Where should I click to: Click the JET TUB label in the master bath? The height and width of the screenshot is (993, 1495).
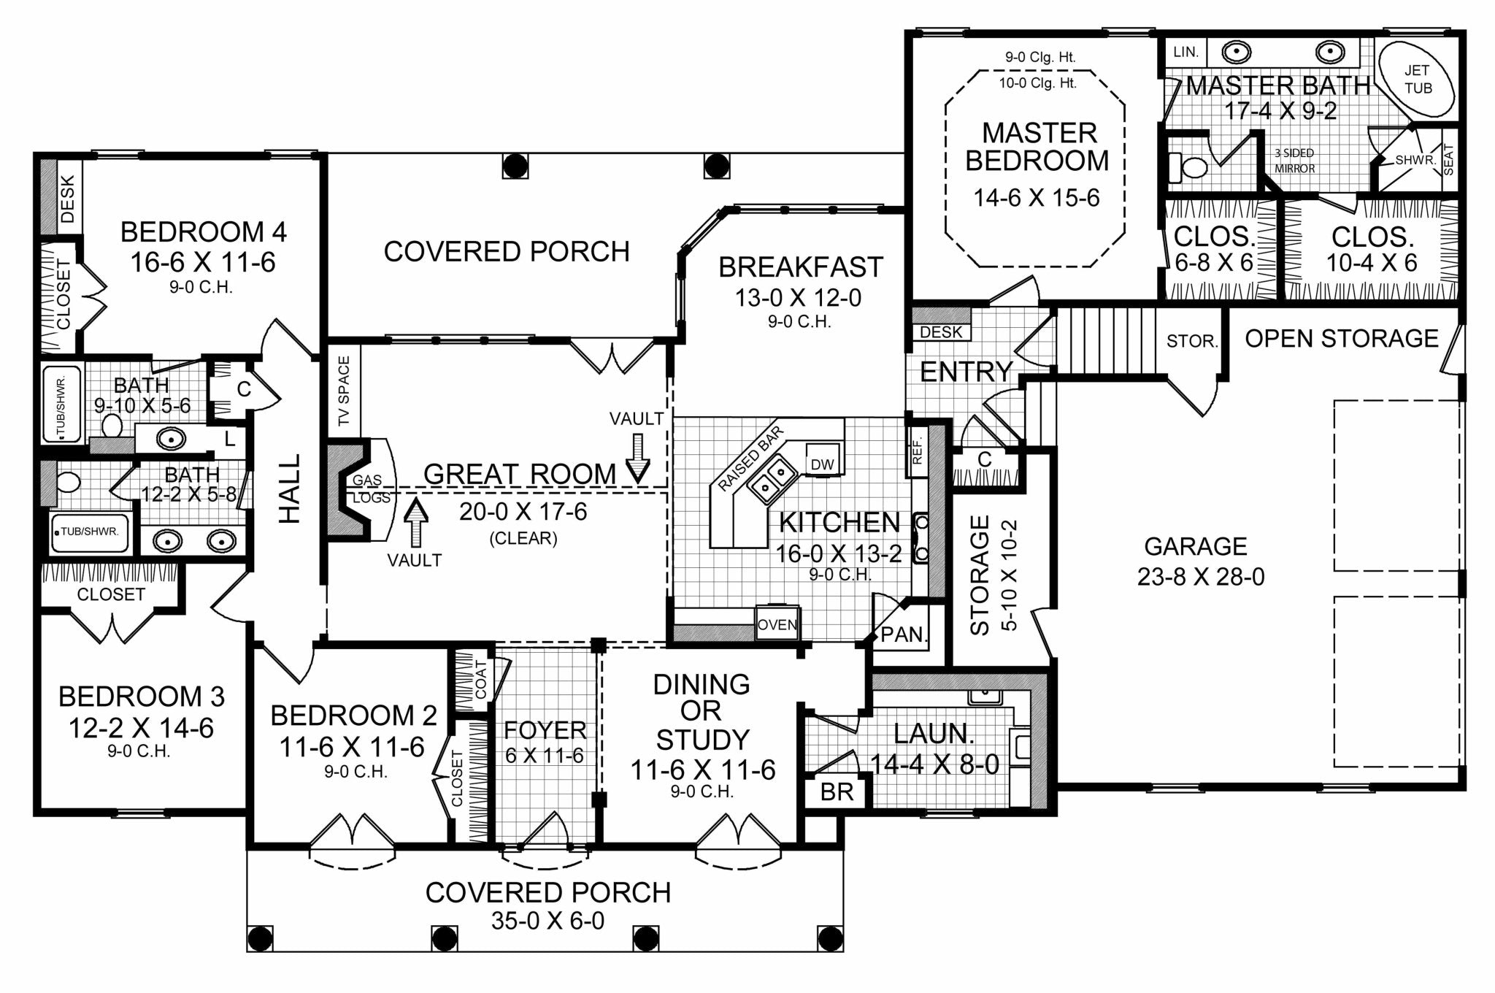1418,80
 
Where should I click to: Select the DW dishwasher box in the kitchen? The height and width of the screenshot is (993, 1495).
822,464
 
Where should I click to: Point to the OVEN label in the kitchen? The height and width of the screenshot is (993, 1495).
777,625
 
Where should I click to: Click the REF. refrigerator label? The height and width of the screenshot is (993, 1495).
918,451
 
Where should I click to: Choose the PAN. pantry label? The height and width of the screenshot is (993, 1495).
904,634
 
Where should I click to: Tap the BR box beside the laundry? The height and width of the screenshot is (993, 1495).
837,792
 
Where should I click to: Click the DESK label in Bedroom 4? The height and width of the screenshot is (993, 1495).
67,199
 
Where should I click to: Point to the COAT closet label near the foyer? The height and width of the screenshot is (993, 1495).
480,680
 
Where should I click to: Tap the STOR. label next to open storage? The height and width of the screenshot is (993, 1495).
1192,341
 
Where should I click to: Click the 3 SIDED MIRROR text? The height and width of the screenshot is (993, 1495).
1295,161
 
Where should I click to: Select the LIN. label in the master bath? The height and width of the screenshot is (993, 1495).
1186,53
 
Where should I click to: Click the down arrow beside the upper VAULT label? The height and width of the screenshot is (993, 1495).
638,458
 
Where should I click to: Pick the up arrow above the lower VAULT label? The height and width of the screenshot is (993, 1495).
416,523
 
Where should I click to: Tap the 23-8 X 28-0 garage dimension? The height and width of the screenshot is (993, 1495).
1201,577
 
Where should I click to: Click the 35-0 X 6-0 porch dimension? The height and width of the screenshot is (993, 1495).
547,921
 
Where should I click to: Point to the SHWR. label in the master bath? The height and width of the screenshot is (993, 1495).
1415,160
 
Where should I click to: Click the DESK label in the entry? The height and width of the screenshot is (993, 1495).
941,332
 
